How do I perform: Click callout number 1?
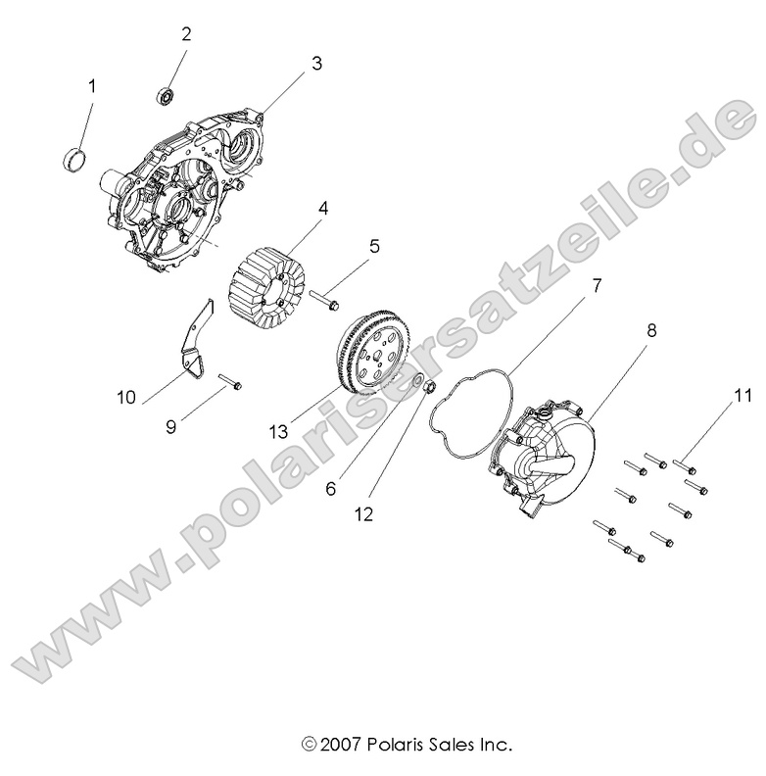(93, 87)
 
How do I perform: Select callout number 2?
(185, 33)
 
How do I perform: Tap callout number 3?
(316, 64)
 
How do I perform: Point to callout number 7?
(595, 286)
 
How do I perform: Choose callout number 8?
(650, 331)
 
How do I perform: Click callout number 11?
(716, 396)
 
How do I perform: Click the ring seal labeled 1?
(73, 157)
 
